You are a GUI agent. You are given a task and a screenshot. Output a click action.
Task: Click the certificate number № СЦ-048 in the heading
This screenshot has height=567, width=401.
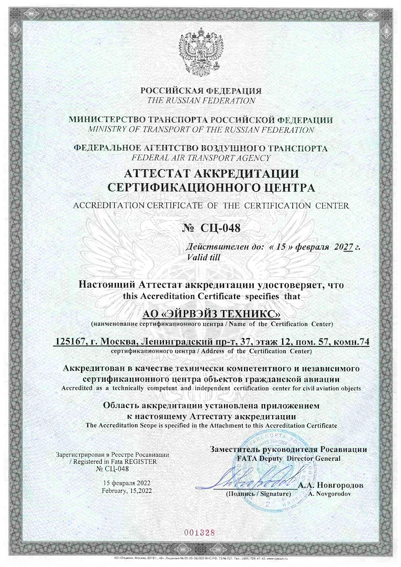210,228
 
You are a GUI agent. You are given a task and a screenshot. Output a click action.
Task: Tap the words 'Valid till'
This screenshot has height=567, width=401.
203,257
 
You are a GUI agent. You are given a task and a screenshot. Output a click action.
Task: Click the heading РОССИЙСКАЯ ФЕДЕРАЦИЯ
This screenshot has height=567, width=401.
200,91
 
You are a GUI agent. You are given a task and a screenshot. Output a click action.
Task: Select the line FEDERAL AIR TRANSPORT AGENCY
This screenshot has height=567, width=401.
200,157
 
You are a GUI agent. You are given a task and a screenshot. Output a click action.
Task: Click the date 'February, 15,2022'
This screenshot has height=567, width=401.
126,491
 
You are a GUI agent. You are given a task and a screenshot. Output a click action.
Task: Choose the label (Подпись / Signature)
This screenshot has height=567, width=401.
258,494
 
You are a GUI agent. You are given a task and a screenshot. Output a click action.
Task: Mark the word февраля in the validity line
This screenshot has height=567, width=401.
311,247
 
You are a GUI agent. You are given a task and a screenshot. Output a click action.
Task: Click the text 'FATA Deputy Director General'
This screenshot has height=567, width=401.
289,458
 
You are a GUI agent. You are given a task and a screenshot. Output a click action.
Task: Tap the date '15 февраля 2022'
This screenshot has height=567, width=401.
126,483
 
